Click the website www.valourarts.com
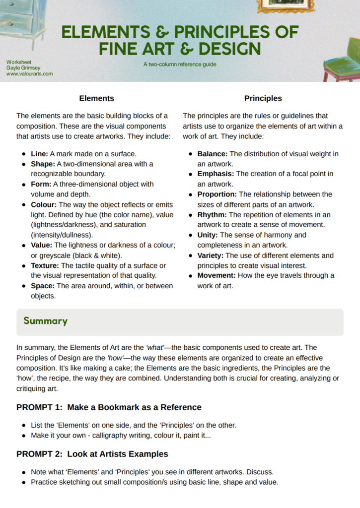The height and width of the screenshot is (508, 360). pos(30,73)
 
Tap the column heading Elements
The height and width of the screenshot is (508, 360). pos(96,98)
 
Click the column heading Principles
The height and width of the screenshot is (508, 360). pos(263,98)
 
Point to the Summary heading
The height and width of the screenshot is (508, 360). pos(45,321)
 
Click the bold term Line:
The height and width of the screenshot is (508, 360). pos(39,154)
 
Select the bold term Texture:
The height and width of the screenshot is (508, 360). pos(45,265)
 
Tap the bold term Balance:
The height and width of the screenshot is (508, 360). pos(213,154)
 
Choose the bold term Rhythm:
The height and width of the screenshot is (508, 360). pos(212,215)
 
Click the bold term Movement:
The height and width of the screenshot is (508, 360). pos(216,275)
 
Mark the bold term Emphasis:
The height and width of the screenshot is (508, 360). pos(216,174)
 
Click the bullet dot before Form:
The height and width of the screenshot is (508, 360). pos(23,184)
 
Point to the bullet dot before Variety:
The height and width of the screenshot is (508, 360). pos(190,255)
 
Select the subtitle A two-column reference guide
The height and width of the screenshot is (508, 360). pos(179,64)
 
